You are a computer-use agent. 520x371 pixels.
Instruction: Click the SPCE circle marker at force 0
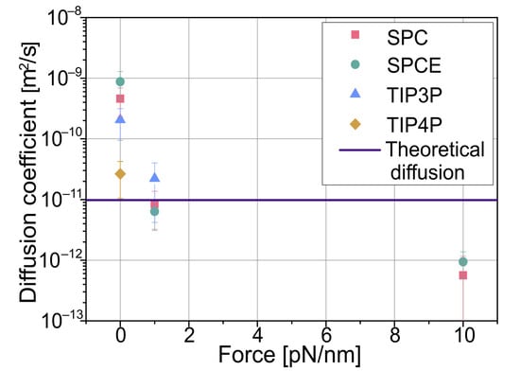[x=120, y=82]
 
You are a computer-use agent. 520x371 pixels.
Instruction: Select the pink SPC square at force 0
[x=120, y=99]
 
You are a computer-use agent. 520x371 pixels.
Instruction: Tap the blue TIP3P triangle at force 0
[x=120, y=118]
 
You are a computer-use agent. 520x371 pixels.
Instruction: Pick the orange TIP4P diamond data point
[x=120, y=173]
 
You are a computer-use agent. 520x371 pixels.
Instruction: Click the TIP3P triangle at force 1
[x=154, y=177]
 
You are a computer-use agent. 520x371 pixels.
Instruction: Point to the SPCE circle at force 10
[x=462, y=261]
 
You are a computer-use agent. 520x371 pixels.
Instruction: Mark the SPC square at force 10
[x=462, y=275]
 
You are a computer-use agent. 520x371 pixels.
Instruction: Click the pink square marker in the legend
[x=355, y=35]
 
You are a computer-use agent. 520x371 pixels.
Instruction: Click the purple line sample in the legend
[x=355, y=150]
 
